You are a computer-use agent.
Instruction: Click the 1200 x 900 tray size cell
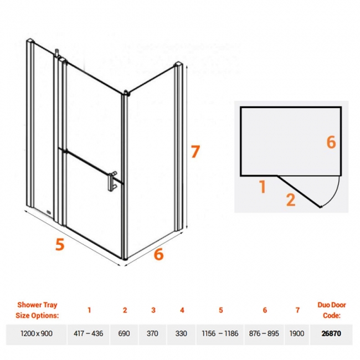tap(37, 333)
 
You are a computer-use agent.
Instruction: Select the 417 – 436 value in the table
tap(89, 333)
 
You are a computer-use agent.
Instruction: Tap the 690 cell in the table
tap(124, 333)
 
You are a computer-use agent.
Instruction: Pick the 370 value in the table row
tap(152, 333)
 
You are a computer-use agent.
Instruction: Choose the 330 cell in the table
tap(181, 333)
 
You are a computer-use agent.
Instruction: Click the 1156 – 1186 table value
tap(220, 333)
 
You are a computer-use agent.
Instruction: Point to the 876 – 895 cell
tap(264, 333)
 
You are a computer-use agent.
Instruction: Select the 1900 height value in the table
tap(297, 333)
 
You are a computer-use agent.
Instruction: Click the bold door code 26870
tap(331, 333)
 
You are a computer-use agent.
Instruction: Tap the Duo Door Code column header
tap(332, 310)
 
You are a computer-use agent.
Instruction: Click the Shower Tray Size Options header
tap(37, 310)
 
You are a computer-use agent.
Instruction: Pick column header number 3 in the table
tap(153, 310)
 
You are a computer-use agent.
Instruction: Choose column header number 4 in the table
tap(182, 310)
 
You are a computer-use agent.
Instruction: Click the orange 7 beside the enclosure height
tap(196, 152)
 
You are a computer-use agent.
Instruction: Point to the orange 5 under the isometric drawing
tap(60, 244)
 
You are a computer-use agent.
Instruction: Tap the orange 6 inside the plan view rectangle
tap(331, 142)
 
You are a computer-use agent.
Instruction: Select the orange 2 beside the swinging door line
tap(291, 200)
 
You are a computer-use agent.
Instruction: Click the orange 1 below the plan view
tap(263, 187)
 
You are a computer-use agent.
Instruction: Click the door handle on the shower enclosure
tap(112, 181)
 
